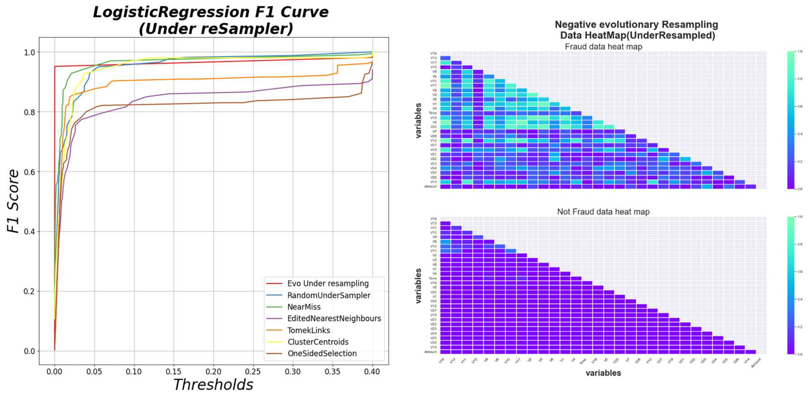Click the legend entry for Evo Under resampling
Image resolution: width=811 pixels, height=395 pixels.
coord(327,283)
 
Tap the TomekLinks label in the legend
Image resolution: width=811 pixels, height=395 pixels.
coord(308,330)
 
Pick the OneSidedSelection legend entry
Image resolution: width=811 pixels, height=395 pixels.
coord(322,353)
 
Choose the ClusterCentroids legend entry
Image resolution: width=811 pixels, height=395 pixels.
coord(318,342)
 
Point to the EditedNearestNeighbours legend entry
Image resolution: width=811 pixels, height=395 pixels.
coord(334,319)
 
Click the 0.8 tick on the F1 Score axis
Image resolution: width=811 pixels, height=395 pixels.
coord(29,112)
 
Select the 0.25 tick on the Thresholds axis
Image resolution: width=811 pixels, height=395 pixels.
coord(253,372)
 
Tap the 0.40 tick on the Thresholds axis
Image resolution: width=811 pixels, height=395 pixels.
coord(372,372)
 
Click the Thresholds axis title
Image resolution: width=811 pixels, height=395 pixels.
coord(213,385)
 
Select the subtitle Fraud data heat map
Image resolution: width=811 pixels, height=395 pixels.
coord(603,47)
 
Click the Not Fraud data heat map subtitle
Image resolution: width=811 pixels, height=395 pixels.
coord(603,212)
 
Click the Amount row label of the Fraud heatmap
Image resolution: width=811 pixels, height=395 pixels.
coord(430,186)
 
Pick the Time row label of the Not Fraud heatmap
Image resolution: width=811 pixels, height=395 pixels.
coord(433,278)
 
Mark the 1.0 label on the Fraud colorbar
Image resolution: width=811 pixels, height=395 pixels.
coord(800,51)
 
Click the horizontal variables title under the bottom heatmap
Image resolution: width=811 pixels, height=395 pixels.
coord(603,373)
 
